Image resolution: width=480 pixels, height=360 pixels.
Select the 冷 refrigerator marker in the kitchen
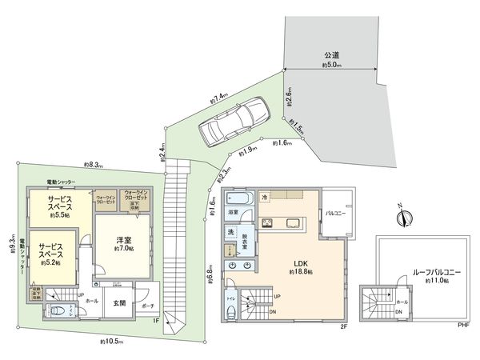coord(264,195)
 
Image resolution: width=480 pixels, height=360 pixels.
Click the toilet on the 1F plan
coord(60,312)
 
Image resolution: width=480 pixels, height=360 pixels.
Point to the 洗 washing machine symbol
coord(231,233)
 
